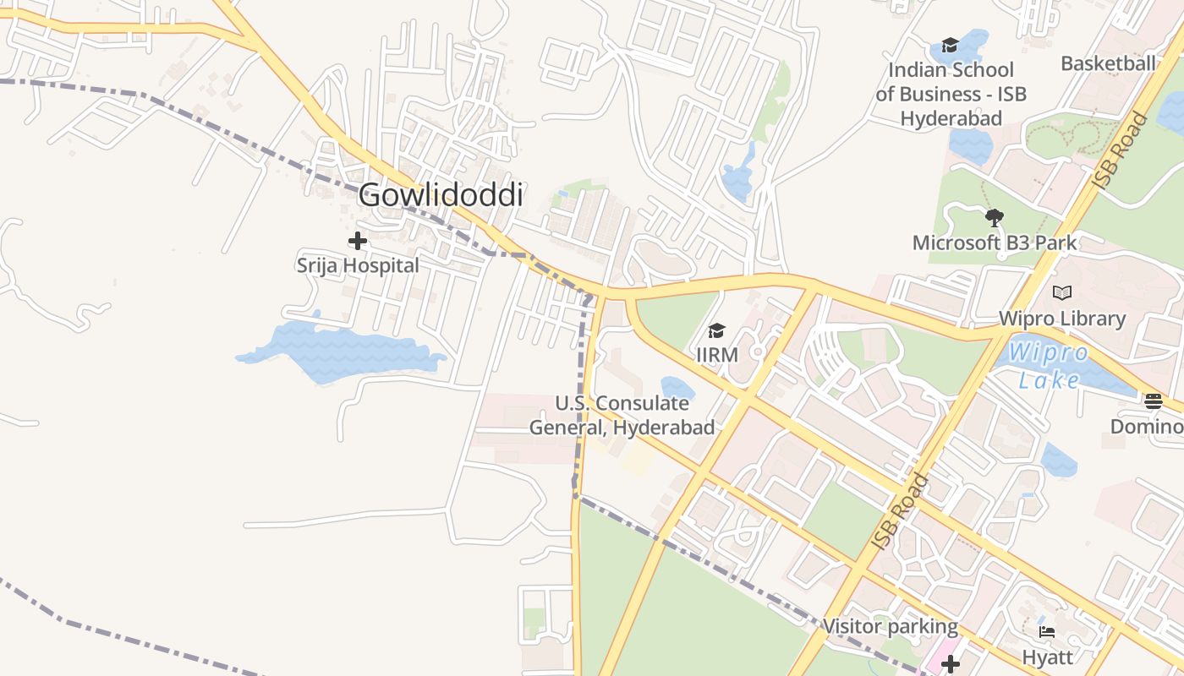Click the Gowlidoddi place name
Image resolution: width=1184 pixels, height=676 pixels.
pos(441,195)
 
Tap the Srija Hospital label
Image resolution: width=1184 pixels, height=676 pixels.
pos(358,265)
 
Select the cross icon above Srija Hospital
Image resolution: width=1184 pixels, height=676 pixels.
pos(358,242)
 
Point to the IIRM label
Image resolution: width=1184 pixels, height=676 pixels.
pos(716,355)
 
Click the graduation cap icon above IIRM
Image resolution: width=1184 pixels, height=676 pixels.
pos(716,330)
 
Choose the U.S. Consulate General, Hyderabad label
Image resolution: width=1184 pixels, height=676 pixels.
pos(622,415)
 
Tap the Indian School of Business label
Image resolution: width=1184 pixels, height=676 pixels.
pos(951,94)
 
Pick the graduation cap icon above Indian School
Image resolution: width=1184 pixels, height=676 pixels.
pos(950,45)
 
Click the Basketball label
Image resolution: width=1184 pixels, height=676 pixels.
pos(1108,63)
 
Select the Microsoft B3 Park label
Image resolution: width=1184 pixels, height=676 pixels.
pos(995,243)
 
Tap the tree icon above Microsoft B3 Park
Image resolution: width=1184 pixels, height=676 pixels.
pos(995,218)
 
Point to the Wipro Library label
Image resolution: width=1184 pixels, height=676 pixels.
pos(1062,319)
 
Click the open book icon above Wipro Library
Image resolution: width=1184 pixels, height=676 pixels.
pos(1062,292)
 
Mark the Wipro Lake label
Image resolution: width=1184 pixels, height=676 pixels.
pos(1049,365)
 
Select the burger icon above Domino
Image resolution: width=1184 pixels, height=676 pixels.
pos(1154,401)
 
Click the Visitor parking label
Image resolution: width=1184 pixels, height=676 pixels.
pos(891,627)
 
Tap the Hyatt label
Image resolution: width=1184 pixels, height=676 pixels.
pos(1047,657)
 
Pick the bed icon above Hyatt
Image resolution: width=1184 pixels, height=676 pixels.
pos(1047,631)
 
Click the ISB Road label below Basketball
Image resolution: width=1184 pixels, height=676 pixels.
pos(1121,150)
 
